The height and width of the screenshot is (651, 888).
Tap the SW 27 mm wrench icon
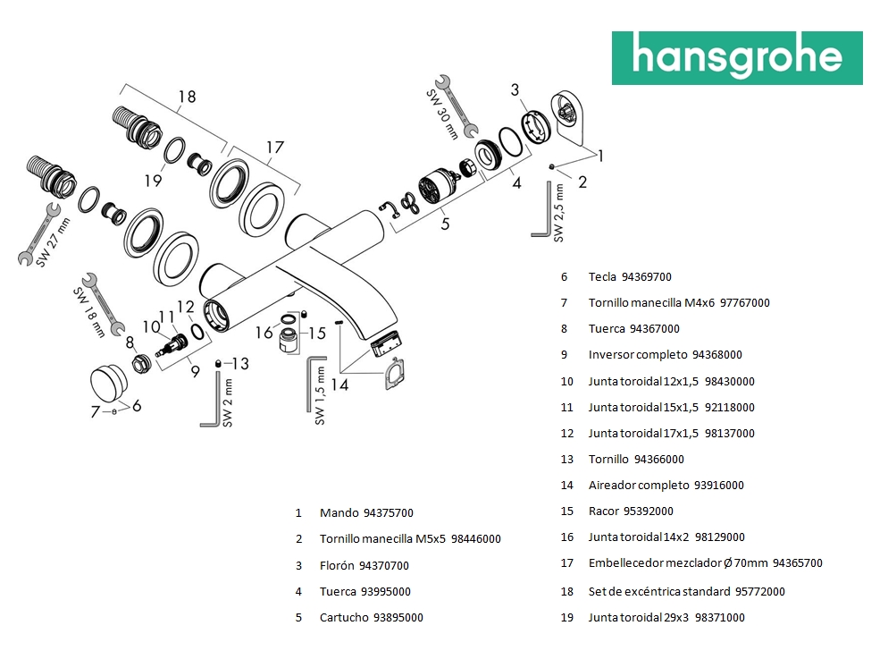[x=39, y=233]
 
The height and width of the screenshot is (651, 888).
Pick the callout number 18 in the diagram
[x=186, y=97]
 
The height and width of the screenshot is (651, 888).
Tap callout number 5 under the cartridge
[x=445, y=224]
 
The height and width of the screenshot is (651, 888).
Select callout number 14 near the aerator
[x=339, y=385]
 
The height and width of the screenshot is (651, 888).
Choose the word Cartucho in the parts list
[x=343, y=617]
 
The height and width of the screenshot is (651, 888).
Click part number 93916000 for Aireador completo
[x=718, y=485]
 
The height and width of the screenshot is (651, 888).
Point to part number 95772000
[x=759, y=591]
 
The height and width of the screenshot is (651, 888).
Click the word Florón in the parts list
[x=336, y=565]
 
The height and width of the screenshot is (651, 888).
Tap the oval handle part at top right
[x=573, y=114]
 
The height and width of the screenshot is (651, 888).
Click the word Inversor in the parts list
[x=611, y=354]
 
